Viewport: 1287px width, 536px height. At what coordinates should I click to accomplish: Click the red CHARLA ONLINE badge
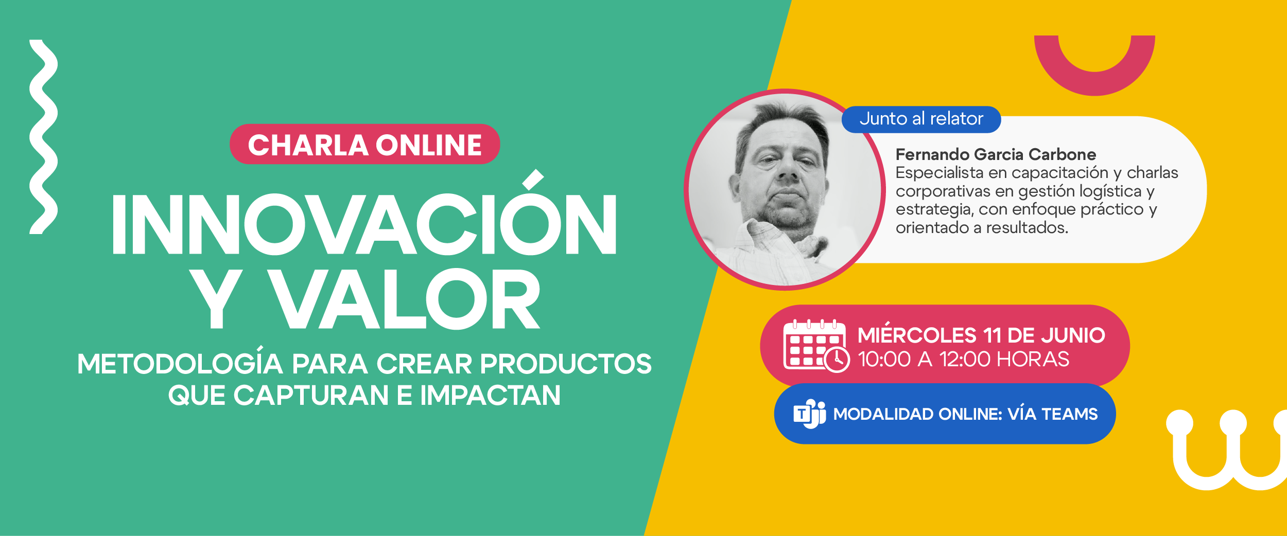(364, 144)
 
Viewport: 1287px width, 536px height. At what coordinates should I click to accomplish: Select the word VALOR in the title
(405, 299)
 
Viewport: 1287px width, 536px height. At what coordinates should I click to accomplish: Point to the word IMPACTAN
(490, 395)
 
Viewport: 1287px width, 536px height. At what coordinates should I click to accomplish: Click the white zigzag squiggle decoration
(43, 137)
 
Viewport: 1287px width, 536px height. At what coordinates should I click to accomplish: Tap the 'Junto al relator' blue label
(921, 119)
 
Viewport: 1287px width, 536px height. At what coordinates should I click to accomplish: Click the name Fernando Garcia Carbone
(996, 154)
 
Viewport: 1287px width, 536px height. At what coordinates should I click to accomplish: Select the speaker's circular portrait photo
(785, 189)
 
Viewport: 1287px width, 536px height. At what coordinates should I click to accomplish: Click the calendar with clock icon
(816, 346)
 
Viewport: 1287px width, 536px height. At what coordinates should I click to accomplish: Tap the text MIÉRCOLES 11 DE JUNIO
(981, 334)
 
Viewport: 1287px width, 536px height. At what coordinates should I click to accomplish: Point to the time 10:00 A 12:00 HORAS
(963, 359)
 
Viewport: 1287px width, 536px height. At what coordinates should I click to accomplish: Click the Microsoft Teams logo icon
(809, 414)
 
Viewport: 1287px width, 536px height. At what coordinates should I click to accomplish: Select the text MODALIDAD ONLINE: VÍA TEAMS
(965, 414)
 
